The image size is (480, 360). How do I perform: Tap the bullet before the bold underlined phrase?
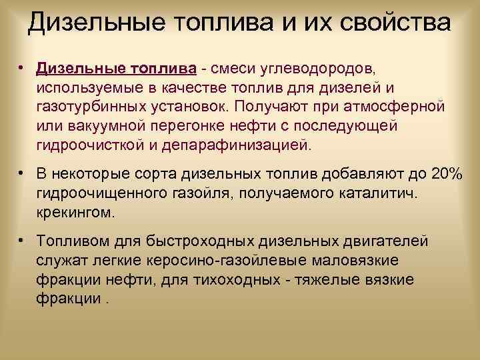click(22, 68)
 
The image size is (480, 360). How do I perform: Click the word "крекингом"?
click(76, 213)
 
